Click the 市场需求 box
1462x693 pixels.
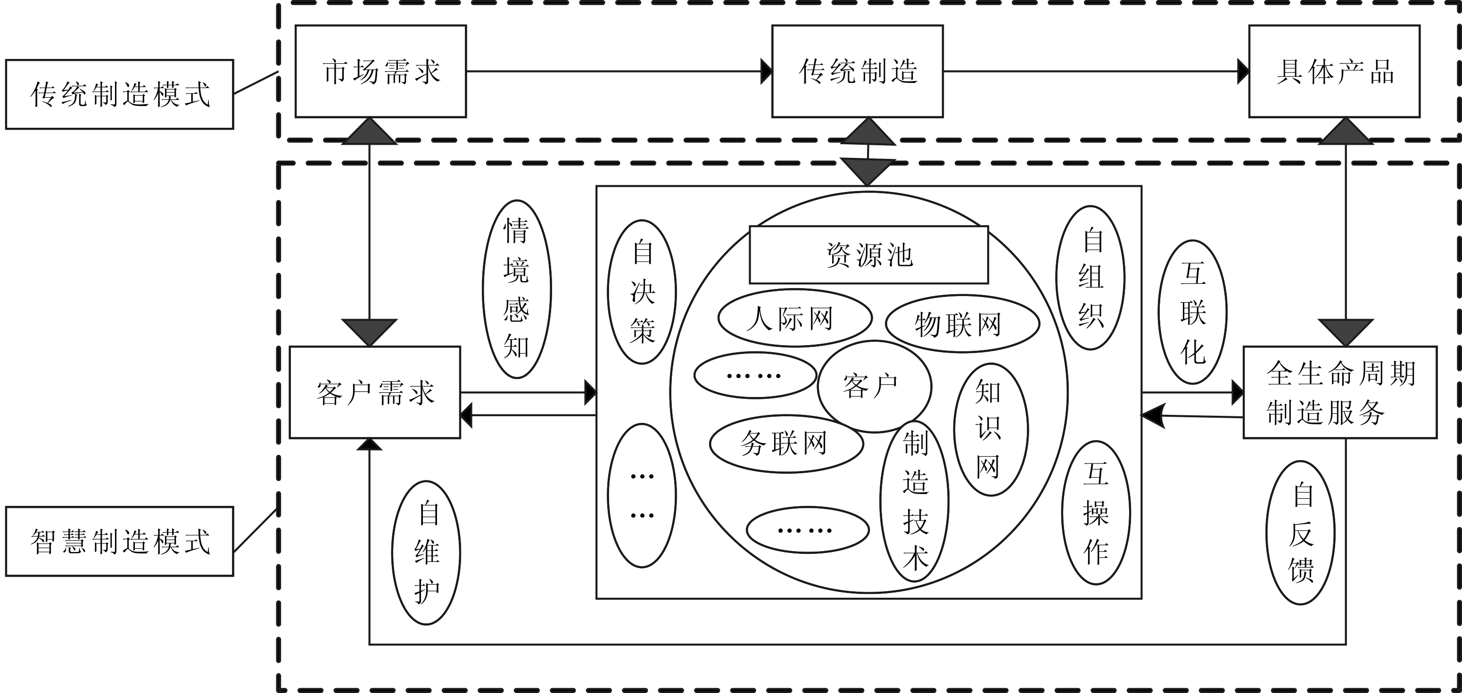pos(380,72)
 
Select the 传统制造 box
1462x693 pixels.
pos(857,72)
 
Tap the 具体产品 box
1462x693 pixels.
pos(1334,72)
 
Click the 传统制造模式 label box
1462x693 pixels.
pos(119,94)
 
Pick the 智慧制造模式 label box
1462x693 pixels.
pos(119,541)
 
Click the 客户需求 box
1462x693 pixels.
pos(375,392)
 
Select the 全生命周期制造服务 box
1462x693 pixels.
pos(1340,392)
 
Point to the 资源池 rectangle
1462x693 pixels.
pos(868,255)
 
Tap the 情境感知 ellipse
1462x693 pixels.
pos(516,289)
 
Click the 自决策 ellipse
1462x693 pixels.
pos(642,292)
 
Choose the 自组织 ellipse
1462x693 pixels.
pos(1090,278)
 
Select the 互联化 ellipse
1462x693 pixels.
pos(1192,312)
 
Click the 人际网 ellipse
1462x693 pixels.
pos(794,318)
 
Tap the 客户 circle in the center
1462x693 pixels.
pos(874,387)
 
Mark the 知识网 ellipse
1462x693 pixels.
pos(991,429)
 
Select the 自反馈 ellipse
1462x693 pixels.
pos(1300,532)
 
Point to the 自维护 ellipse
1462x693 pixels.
pos(426,553)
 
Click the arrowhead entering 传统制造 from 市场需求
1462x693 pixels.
pos(766,72)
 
